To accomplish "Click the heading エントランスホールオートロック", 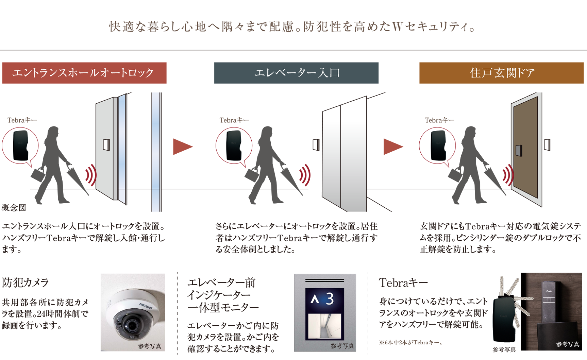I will [83, 73].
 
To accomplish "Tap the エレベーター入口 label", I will [297, 73].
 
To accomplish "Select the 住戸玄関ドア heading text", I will [502, 73].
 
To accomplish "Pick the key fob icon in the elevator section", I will [234, 145].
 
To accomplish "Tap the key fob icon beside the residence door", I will [437, 145].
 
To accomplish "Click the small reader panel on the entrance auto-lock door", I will [106, 144].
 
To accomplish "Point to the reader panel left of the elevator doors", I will [316, 144].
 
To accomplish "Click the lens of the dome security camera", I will [130, 326].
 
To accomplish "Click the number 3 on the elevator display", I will [330, 299].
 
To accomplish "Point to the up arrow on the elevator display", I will [315, 299].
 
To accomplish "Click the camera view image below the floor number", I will [324, 326].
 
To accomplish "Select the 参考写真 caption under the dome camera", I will [150, 346].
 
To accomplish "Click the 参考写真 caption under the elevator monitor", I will [342, 346].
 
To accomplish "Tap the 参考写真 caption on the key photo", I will [568, 344].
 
